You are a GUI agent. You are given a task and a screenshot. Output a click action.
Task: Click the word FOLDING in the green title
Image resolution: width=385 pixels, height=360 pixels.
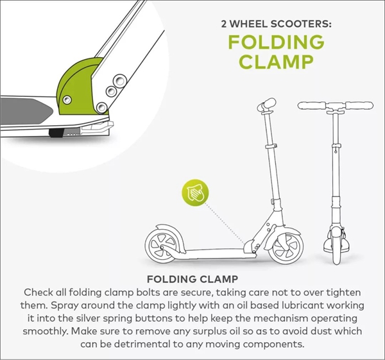[x=276, y=42]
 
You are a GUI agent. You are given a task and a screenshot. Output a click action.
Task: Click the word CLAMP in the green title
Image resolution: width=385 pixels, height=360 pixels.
[x=276, y=61]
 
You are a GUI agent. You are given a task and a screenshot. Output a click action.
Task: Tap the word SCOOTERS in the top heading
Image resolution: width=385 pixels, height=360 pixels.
[x=301, y=24]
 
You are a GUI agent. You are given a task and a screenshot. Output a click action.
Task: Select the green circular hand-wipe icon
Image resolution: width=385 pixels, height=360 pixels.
[x=195, y=193]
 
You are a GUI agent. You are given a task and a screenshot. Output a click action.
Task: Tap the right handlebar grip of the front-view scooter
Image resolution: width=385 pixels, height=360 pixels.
[x=359, y=106]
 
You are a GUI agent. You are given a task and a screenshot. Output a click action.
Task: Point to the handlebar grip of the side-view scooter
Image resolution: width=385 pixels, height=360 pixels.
[x=267, y=105]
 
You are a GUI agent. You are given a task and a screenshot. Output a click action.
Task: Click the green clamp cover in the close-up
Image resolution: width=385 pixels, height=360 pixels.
[x=74, y=86]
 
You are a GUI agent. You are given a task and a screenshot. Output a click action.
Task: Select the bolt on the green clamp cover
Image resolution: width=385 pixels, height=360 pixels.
[x=67, y=99]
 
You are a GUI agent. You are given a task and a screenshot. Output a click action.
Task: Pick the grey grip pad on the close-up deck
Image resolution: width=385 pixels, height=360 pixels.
[x=26, y=112]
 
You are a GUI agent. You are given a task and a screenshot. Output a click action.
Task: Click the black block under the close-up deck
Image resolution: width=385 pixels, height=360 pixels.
[x=56, y=133]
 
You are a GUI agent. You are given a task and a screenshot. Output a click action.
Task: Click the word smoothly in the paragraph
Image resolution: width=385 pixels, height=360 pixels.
[x=45, y=331]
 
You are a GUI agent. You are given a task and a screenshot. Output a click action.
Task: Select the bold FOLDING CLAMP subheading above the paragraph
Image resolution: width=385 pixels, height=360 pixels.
[x=193, y=279]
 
